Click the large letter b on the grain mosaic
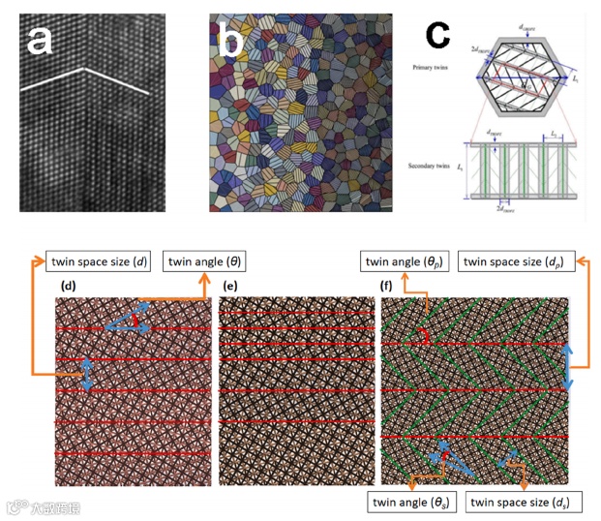[231, 41]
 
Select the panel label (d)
[70, 287]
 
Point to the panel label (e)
[231, 287]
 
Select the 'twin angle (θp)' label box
[406, 260]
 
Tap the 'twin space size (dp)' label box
[521, 260]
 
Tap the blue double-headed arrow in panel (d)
[87, 374]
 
